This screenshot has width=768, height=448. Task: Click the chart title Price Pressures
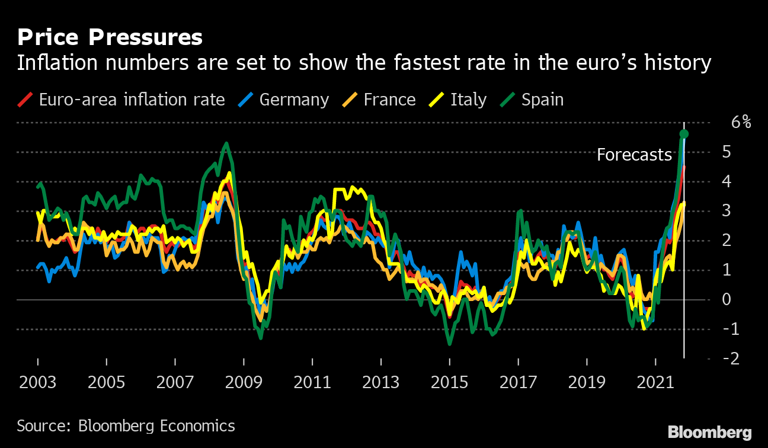(110, 37)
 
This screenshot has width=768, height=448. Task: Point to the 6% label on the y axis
(741, 123)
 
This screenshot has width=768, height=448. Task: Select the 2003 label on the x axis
(38, 382)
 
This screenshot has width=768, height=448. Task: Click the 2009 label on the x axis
(244, 382)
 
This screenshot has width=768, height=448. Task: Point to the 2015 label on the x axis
(450, 382)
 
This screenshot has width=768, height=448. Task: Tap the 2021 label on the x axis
(655, 382)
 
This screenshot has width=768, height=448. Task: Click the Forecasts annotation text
(634, 155)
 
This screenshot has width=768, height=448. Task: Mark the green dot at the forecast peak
(684, 133)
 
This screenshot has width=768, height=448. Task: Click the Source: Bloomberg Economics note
(126, 425)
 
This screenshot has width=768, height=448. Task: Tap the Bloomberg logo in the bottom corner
(709, 433)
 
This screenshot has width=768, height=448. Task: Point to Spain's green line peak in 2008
(226, 143)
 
